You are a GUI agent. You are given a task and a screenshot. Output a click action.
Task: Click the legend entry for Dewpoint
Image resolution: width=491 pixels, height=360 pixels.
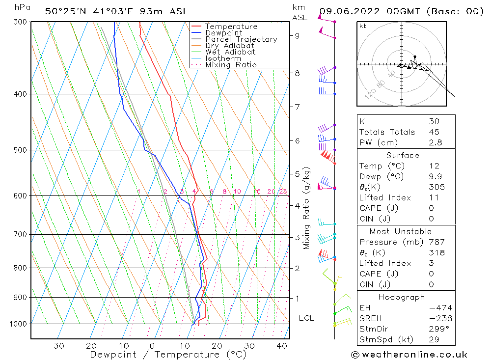[223, 33]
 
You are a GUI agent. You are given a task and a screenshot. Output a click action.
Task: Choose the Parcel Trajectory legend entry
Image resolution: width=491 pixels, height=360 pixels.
[241, 39]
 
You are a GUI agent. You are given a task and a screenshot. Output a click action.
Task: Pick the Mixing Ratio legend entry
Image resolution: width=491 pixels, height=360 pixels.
[231, 65]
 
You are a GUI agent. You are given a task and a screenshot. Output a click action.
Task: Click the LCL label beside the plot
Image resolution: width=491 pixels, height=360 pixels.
[306, 318]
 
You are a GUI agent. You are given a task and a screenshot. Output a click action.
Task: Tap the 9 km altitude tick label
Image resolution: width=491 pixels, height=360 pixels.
[298, 35]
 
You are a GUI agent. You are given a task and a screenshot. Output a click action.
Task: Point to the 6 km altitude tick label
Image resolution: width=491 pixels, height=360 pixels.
[298, 140]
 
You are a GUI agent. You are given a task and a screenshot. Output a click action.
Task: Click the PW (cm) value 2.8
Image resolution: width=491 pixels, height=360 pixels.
[435, 142]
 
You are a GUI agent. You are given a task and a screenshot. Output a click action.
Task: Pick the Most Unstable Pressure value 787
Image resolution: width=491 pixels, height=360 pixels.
[436, 242]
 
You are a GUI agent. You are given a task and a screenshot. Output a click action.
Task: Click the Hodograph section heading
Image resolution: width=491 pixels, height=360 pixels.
[402, 298]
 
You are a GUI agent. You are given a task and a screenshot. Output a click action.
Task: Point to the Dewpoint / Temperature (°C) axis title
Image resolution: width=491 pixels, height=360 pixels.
[161, 355]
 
